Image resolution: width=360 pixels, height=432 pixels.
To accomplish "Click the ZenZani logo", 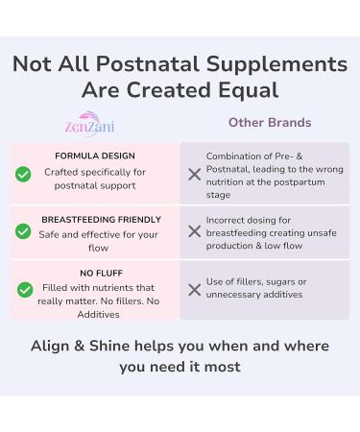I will [93, 125].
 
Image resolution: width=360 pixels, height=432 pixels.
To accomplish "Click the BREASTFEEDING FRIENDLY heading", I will [101, 220].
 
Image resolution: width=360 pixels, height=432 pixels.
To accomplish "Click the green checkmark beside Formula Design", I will [23, 174].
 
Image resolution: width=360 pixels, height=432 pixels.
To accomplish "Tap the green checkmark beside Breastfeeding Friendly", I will [23, 231].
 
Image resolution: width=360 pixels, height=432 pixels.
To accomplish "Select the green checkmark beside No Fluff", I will [24, 290].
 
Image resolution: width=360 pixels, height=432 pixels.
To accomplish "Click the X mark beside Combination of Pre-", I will [194, 174].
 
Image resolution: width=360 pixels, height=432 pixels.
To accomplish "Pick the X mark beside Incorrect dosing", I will [194, 231].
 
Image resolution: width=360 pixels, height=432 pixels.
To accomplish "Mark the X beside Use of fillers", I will [194, 289].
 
